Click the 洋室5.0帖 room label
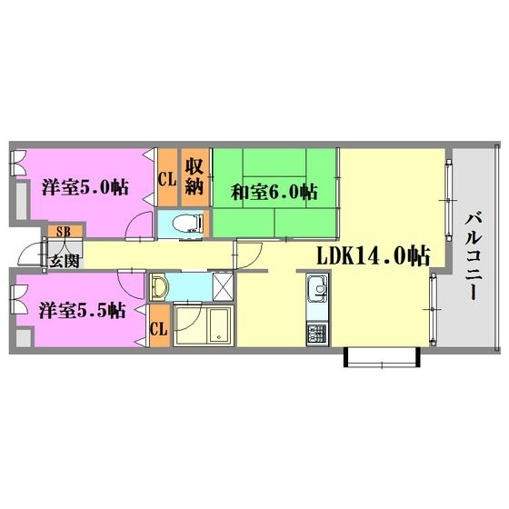(x=85, y=187)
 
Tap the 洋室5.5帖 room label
(x=83, y=310)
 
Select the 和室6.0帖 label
(x=274, y=192)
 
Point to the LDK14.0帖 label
(x=374, y=255)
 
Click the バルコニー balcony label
(x=474, y=255)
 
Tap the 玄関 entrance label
(x=64, y=261)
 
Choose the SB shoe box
(x=64, y=232)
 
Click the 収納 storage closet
(x=195, y=177)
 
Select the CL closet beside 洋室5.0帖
(x=167, y=177)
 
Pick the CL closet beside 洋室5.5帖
(x=160, y=325)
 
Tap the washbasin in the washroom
(x=159, y=286)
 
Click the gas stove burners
(x=317, y=334)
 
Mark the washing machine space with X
(x=223, y=286)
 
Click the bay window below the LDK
(x=382, y=357)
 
